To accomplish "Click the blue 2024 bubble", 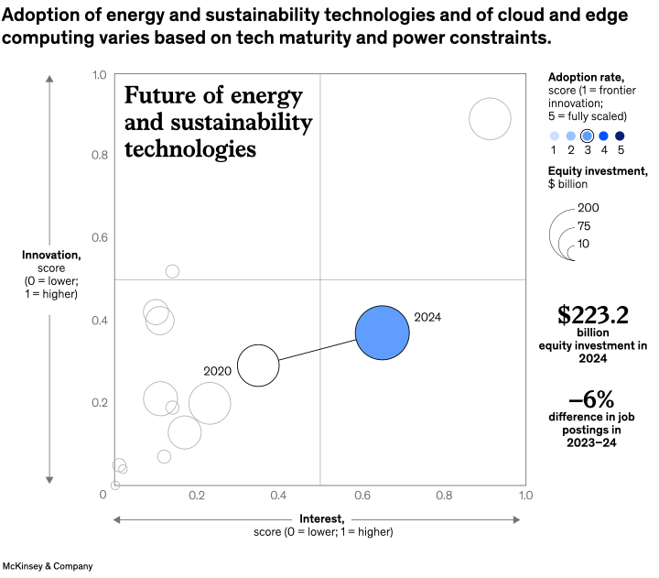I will [x=382, y=333].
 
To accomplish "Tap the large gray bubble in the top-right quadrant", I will [x=490, y=119].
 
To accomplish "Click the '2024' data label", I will [x=427, y=317].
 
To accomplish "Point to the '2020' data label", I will [x=217, y=371].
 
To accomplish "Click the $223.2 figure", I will [x=592, y=316].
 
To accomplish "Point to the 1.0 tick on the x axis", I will [x=525, y=495].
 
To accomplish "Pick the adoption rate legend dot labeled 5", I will [x=620, y=136].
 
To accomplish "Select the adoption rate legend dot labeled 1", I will [x=554, y=136].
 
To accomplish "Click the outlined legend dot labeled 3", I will [x=587, y=136].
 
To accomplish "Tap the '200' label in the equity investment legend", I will [x=589, y=208].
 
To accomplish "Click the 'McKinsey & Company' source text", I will [x=48, y=566].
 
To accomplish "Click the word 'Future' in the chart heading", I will [x=157, y=97].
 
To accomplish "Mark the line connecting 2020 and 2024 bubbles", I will [x=316, y=350].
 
